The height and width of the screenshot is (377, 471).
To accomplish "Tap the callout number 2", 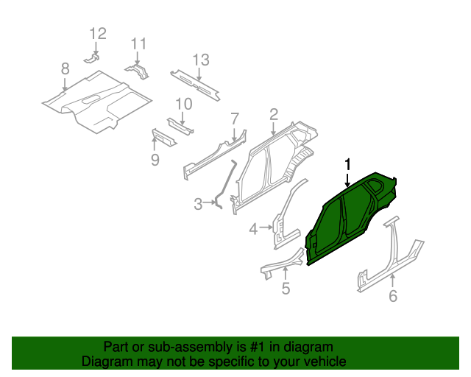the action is (x=273, y=114).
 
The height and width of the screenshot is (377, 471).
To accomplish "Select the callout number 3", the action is (x=198, y=204).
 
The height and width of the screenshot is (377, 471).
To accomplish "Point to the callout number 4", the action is (x=253, y=230).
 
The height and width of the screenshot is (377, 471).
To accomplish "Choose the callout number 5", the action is (x=286, y=289).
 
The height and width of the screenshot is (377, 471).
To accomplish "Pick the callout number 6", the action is (x=392, y=296).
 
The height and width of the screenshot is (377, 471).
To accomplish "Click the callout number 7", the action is (x=235, y=118).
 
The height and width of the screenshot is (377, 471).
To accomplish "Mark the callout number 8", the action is (x=65, y=68).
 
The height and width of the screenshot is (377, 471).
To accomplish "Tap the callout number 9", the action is (x=155, y=159).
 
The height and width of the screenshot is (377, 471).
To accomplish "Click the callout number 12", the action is (x=98, y=33).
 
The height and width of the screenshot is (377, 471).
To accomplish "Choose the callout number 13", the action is (x=201, y=60).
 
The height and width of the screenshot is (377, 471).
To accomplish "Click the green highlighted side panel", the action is (x=346, y=221).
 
